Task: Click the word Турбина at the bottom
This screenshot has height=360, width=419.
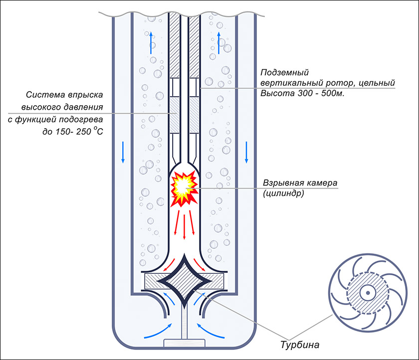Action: (300, 345)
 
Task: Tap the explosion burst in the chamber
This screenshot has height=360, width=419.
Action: (184, 189)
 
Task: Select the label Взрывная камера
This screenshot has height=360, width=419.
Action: (300, 183)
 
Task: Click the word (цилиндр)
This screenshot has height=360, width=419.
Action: (283, 193)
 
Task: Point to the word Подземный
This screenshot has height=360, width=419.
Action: (285, 72)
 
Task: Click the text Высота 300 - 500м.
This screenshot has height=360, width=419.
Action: (302, 93)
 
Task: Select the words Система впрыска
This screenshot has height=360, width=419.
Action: (64, 95)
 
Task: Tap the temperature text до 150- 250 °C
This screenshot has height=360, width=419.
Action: (73, 131)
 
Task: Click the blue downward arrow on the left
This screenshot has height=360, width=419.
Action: (123, 152)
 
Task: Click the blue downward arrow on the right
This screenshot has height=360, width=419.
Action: (246, 152)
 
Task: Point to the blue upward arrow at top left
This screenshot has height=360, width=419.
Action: (151, 43)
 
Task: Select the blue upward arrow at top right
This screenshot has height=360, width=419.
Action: (219, 43)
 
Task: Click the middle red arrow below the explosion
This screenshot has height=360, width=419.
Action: (184, 226)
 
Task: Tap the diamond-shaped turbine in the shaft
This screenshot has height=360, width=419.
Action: (184, 281)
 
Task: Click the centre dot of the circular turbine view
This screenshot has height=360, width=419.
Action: (368, 293)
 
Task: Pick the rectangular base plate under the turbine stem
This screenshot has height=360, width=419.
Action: (184, 343)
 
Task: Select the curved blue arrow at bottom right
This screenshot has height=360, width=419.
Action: (210, 331)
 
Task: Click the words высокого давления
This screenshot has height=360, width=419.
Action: (62, 107)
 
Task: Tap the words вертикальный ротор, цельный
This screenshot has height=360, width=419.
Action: (328, 83)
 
